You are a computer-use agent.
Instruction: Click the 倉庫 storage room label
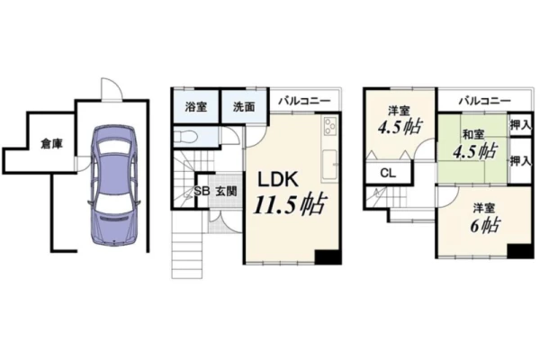[51, 144]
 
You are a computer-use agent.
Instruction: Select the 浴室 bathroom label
[195, 107]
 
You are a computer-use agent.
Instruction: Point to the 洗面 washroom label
[244, 107]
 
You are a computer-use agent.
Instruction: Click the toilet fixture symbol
[185, 138]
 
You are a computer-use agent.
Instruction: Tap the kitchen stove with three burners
[330, 126]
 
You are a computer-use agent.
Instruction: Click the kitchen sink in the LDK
[330, 166]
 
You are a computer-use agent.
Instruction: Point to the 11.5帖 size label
[289, 204]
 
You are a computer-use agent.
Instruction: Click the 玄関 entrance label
[226, 192]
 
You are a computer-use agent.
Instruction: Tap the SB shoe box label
[202, 191]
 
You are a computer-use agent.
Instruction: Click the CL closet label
[388, 173]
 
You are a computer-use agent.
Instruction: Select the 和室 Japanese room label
[472, 134]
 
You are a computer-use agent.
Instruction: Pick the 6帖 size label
[485, 225]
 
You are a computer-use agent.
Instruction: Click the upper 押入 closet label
[520, 125]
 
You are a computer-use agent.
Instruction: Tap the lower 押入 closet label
[520, 160]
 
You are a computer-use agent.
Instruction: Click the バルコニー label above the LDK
[304, 101]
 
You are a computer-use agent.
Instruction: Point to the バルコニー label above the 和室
[484, 101]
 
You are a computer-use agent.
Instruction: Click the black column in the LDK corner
[328, 256]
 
